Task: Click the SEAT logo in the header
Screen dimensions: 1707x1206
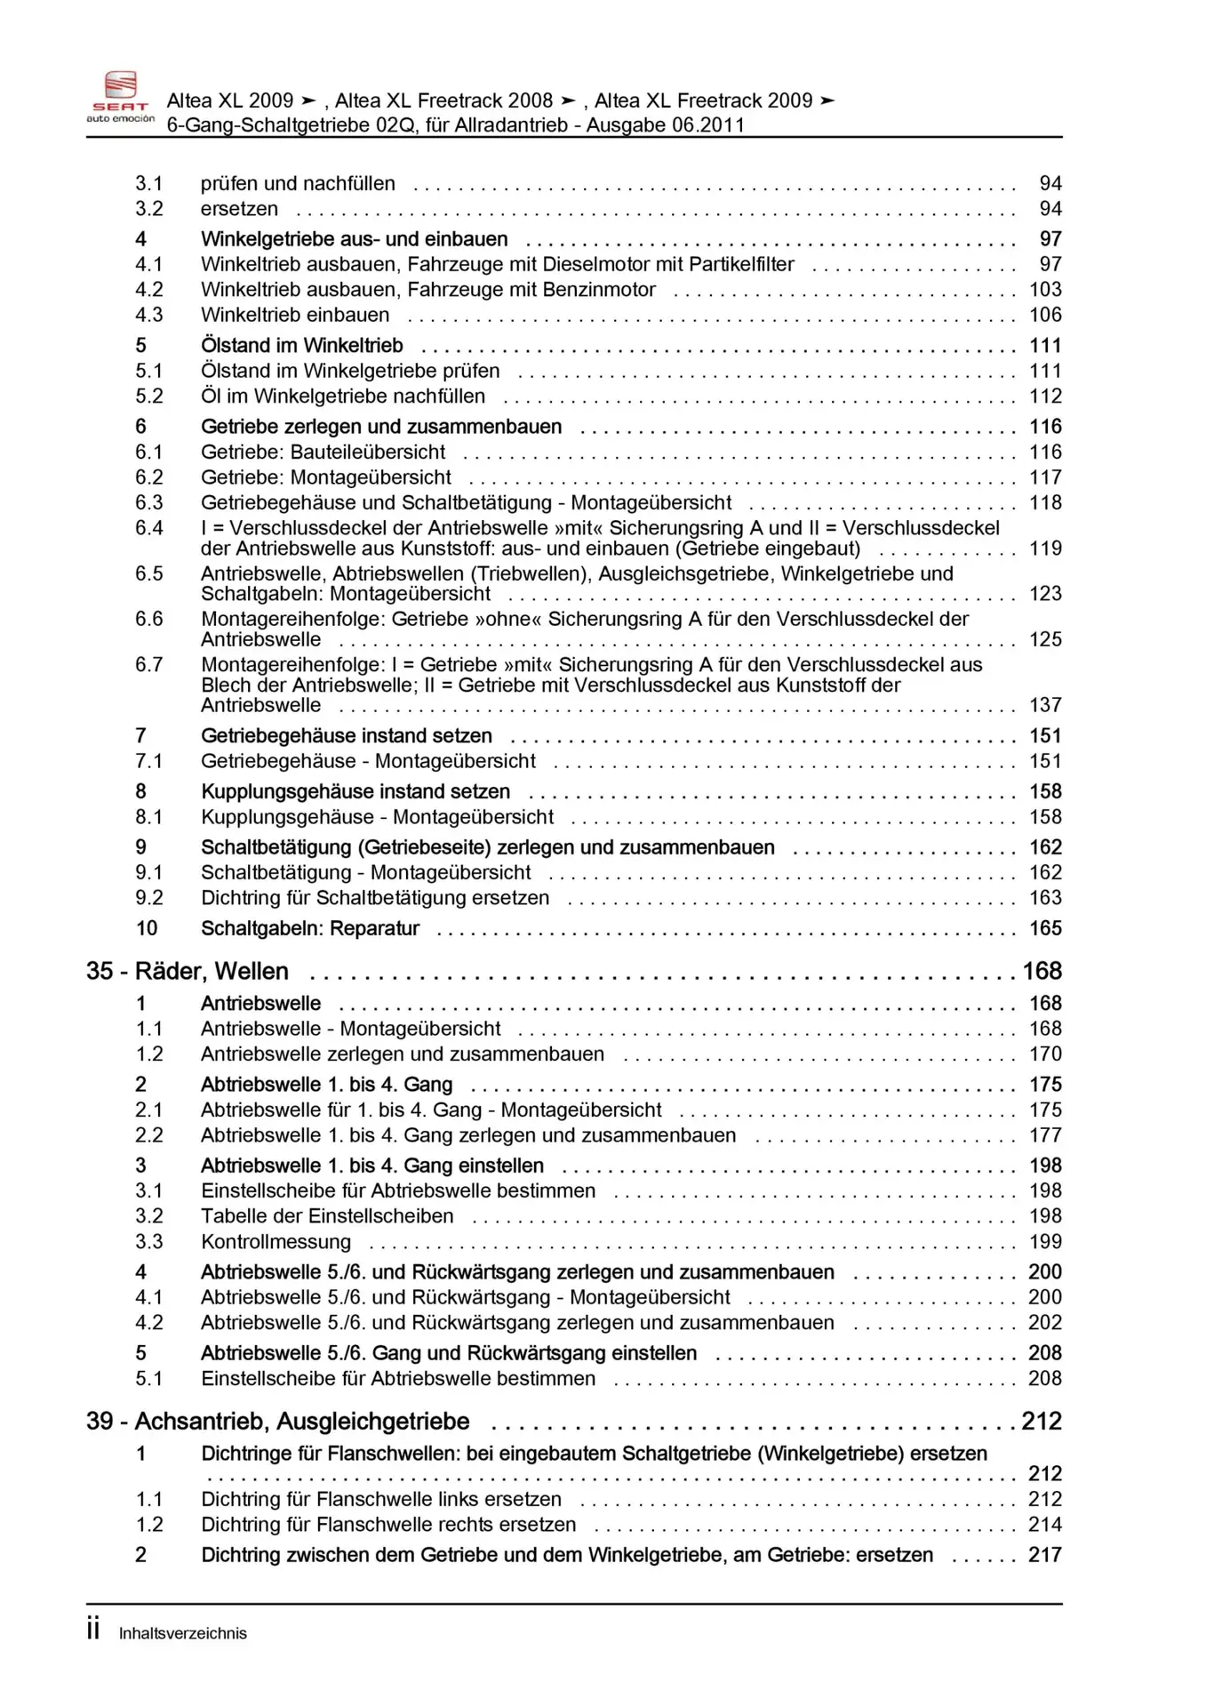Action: click(120, 96)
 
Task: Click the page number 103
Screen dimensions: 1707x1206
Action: click(1045, 290)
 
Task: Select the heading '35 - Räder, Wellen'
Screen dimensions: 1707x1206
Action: click(188, 971)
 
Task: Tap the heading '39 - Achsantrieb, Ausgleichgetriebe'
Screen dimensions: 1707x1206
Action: click(277, 1421)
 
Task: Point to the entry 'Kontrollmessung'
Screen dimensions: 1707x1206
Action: click(276, 1241)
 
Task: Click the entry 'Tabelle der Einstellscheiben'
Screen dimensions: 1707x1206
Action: click(327, 1216)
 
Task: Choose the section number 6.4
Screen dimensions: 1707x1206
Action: click(149, 528)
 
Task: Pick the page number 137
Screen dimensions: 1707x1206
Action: click(1045, 705)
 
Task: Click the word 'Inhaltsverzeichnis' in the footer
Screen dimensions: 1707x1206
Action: click(182, 1633)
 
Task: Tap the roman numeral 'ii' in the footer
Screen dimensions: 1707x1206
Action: click(93, 1630)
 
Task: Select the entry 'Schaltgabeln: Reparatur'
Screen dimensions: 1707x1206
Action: click(310, 928)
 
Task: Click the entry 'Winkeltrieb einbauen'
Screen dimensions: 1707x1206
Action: click(295, 315)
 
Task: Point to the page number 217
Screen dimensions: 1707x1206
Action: click(1045, 1555)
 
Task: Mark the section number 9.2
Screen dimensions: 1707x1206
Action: click(149, 898)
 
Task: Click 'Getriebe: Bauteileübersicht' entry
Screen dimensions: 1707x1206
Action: click(323, 452)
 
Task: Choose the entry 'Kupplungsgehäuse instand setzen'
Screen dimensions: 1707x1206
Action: click(355, 791)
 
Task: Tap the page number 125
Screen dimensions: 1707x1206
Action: click(1045, 639)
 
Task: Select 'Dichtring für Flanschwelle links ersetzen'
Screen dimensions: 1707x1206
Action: click(381, 1499)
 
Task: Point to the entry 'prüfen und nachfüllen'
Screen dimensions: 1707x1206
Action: click(298, 184)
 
